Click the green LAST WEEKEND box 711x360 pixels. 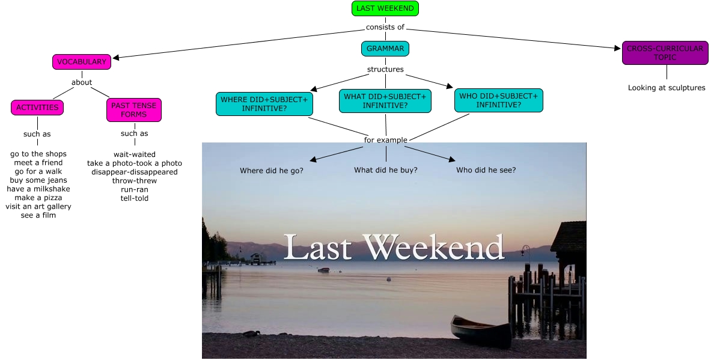385,8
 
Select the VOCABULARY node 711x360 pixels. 82,61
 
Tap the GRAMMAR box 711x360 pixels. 385,48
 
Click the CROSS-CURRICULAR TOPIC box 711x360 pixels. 665,53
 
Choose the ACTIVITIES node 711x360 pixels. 37,108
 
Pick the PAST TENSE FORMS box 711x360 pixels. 134,109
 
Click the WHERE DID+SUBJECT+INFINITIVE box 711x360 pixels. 264,104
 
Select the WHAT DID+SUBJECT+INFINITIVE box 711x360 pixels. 385,100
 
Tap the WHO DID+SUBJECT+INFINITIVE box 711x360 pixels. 498,100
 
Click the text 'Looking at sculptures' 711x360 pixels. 667,88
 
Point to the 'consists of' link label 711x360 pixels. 385,27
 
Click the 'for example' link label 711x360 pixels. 386,140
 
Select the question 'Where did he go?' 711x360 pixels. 272,170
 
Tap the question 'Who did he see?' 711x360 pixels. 486,170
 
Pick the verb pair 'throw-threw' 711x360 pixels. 135,180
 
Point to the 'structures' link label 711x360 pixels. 385,69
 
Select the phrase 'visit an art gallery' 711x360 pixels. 38,206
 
